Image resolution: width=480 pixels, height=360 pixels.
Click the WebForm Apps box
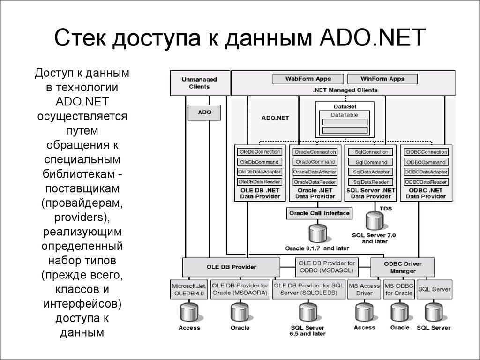[308, 79]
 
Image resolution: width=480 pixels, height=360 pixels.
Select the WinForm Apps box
[382, 79]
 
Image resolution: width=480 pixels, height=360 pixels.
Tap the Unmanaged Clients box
[199, 83]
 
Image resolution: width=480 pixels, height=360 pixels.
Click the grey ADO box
[204, 112]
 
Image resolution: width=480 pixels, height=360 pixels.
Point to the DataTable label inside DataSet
[345, 114]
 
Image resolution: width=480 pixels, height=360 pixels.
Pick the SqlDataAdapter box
[371, 172]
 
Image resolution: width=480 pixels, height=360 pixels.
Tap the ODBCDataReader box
[426, 182]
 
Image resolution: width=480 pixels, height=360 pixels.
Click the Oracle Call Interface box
[319, 213]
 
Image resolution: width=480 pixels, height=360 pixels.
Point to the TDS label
[386, 208]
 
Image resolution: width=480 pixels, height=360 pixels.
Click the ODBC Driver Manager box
[402, 267]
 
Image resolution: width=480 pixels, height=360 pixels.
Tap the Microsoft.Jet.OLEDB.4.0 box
[188, 289]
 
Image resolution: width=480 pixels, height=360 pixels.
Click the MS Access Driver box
[364, 289]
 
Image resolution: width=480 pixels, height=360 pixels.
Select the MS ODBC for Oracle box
[399, 289]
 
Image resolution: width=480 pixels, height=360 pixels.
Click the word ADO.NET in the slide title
[372, 38]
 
